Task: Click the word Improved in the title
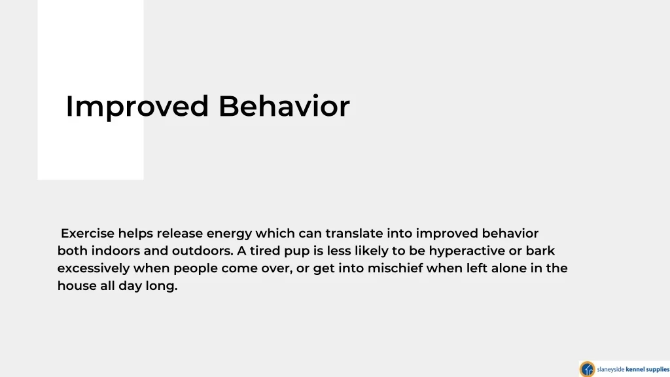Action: [x=137, y=107]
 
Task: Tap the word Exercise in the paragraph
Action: [x=88, y=234]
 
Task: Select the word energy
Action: [x=229, y=234]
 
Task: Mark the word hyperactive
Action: [x=467, y=251]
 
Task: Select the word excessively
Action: [x=94, y=268]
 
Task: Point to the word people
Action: [x=196, y=269]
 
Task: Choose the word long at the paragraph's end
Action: [x=166, y=287]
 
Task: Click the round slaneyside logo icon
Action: [x=587, y=368]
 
